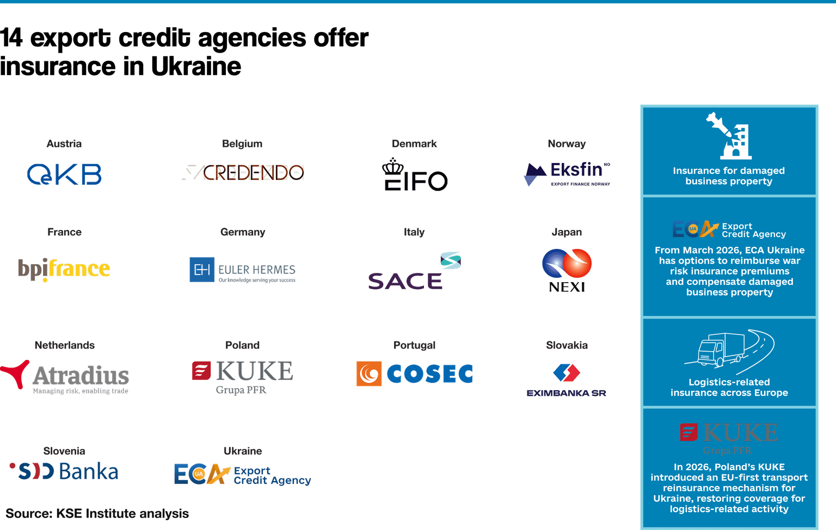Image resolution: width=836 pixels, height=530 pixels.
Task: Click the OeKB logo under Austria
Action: coord(64,174)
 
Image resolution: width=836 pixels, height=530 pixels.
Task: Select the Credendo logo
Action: coord(243,172)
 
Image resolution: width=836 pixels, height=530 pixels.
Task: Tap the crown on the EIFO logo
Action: coord(392,166)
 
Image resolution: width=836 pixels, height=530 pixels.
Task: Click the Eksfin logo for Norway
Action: coord(567,174)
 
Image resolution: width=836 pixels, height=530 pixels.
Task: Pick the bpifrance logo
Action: coord(64,269)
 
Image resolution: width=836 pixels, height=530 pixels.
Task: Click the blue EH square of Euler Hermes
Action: coord(202,270)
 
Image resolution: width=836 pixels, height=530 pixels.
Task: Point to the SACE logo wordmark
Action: coord(405,281)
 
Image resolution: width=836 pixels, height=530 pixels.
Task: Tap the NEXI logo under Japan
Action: coord(567,270)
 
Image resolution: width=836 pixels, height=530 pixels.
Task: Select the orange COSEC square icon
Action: coord(368,373)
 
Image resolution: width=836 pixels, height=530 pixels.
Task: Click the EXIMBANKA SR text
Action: coord(566,393)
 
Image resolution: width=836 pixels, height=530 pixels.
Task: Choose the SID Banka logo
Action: coord(64,471)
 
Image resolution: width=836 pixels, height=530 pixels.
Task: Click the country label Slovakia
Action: coord(567,345)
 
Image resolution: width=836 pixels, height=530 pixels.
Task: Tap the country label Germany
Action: coord(243,232)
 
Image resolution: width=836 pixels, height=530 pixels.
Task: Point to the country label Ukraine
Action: coord(243,451)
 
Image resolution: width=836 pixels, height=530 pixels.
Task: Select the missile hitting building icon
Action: coord(729,136)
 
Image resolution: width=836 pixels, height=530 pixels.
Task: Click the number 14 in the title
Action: coord(11,38)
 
